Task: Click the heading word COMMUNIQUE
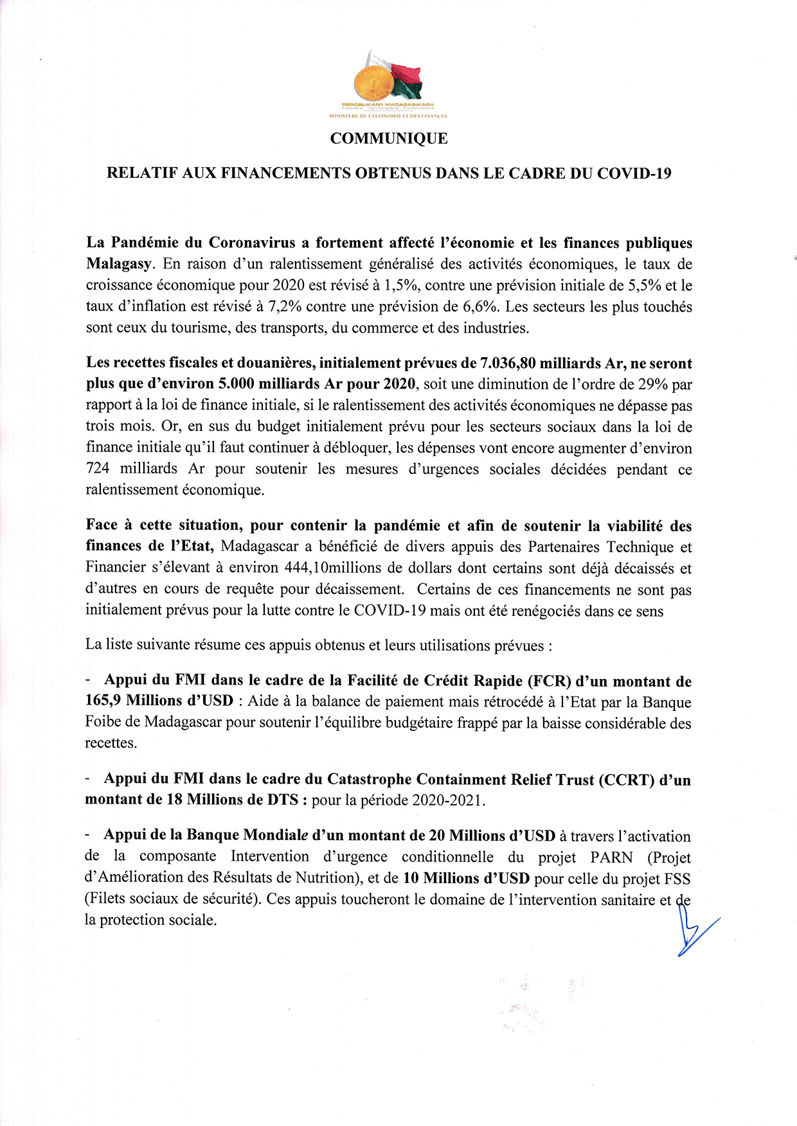[x=389, y=139]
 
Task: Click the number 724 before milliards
[x=98, y=469]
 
